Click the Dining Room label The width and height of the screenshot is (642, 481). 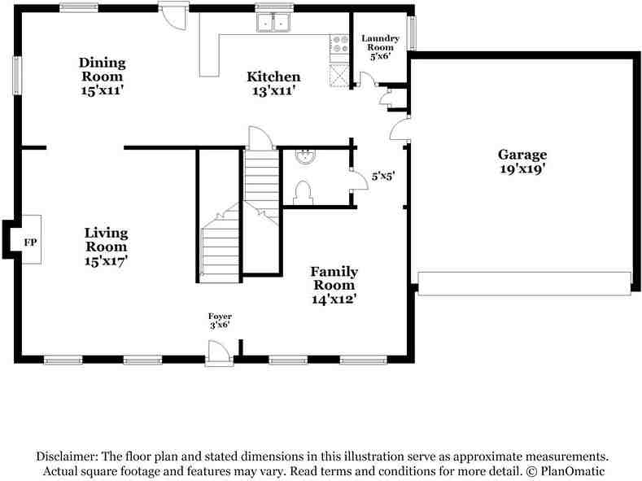(x=102, y=76)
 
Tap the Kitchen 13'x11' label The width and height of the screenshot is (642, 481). (x=273, y=83)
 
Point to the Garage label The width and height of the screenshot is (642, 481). (x=522, y=161)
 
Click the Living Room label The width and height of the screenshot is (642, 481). (x=106, y=247)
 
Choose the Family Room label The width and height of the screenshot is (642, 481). (x=334, y=285)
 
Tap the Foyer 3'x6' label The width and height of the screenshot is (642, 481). (x=220, y=320)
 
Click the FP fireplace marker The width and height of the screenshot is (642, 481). (x=30, y=243)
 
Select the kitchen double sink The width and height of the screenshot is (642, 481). (x=273, y=24)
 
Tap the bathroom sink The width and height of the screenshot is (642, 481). (x=305, y=156)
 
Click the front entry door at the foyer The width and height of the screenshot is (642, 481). (x=219, y=352)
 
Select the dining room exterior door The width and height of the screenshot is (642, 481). (x=173, y=16)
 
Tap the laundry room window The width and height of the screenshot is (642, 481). (x=412, y=33)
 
